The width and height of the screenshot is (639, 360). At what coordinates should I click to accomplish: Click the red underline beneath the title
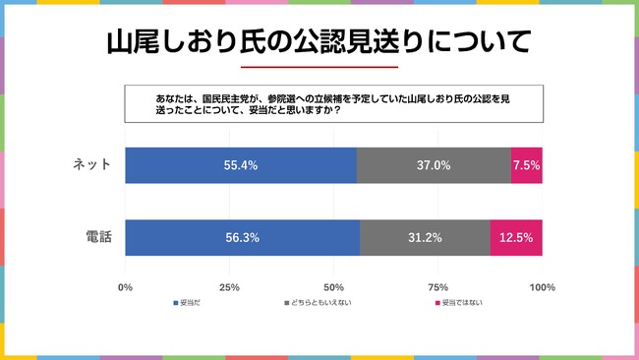point(319,67)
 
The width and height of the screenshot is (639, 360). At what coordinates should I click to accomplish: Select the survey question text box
point(333,104)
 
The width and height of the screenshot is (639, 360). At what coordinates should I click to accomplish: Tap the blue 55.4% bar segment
point(241,165)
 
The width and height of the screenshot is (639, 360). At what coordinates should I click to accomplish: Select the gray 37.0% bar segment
point(434,165)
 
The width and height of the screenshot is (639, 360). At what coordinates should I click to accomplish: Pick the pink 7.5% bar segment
point(526,165)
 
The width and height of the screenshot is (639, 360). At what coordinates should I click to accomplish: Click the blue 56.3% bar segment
point(243,237)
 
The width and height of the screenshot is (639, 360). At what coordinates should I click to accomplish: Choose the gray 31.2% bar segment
point(425,237)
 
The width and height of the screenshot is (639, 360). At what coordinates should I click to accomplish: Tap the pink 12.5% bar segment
point(516,237)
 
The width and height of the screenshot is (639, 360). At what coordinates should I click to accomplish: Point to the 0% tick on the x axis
point(125,287)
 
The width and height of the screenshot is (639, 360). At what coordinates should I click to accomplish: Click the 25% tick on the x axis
point(229,287)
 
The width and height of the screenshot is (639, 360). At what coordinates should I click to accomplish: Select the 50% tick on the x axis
point(333,287)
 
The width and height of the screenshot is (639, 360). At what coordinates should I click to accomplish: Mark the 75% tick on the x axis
point(437,287)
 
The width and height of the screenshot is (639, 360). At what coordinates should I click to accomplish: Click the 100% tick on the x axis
point(542,287)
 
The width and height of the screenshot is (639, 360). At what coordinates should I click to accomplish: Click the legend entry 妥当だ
point(187,303)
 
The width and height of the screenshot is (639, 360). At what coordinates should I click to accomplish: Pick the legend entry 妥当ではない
point(457,303)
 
